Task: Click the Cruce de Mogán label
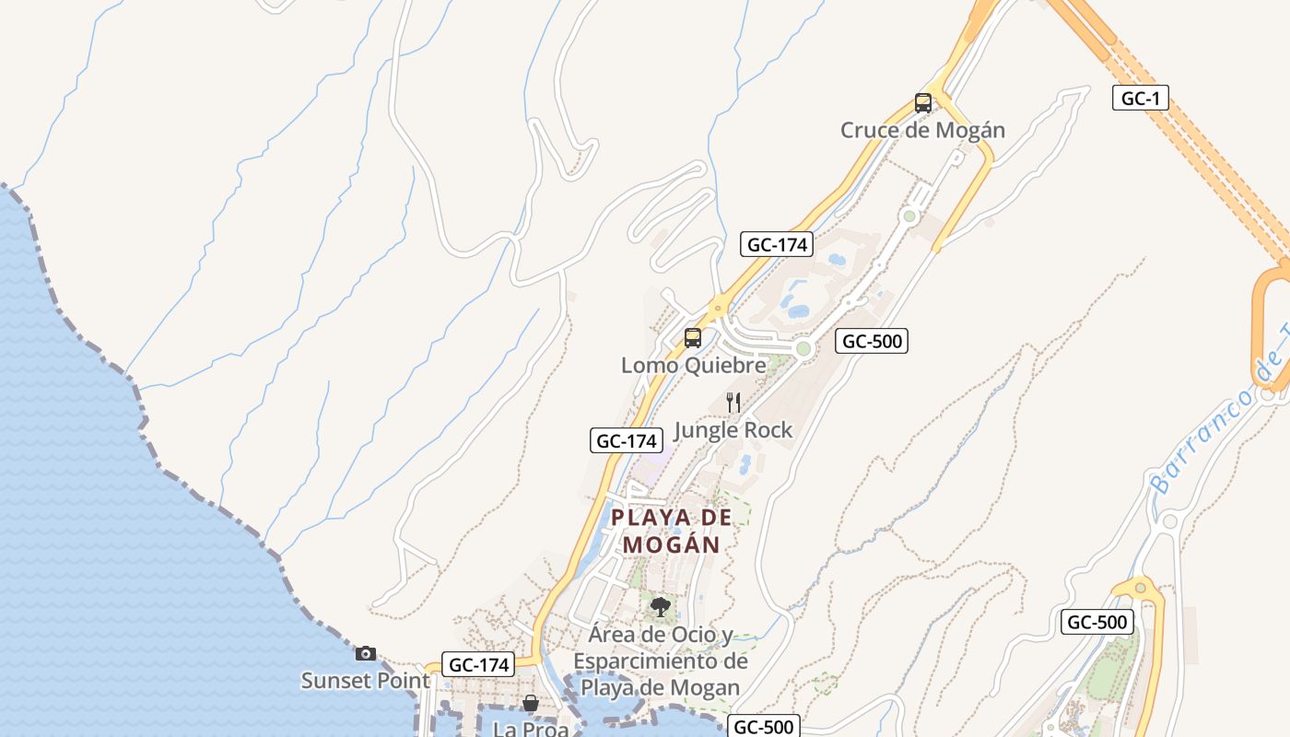[922, 130]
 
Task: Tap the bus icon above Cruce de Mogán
[923, 102]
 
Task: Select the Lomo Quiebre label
[693, 365]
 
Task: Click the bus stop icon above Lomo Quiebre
[693, 338]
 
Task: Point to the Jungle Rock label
[733, 429]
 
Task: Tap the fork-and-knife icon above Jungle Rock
[733, 403]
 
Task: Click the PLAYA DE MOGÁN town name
[671, 531]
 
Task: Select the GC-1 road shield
[1140, 98]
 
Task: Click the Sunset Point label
[365, 681]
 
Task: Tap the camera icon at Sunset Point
[366, 653]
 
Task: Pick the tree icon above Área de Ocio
[660, 606]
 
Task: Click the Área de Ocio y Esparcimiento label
[661, 661]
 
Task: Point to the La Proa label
[531, 729]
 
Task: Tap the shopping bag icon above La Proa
[531, 704]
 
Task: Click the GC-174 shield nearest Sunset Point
[477, 664]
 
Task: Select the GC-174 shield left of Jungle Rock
[626, 440]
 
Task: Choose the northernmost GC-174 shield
[777, 244]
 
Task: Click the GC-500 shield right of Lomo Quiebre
[872, 341]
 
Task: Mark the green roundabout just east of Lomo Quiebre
[803, 349]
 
